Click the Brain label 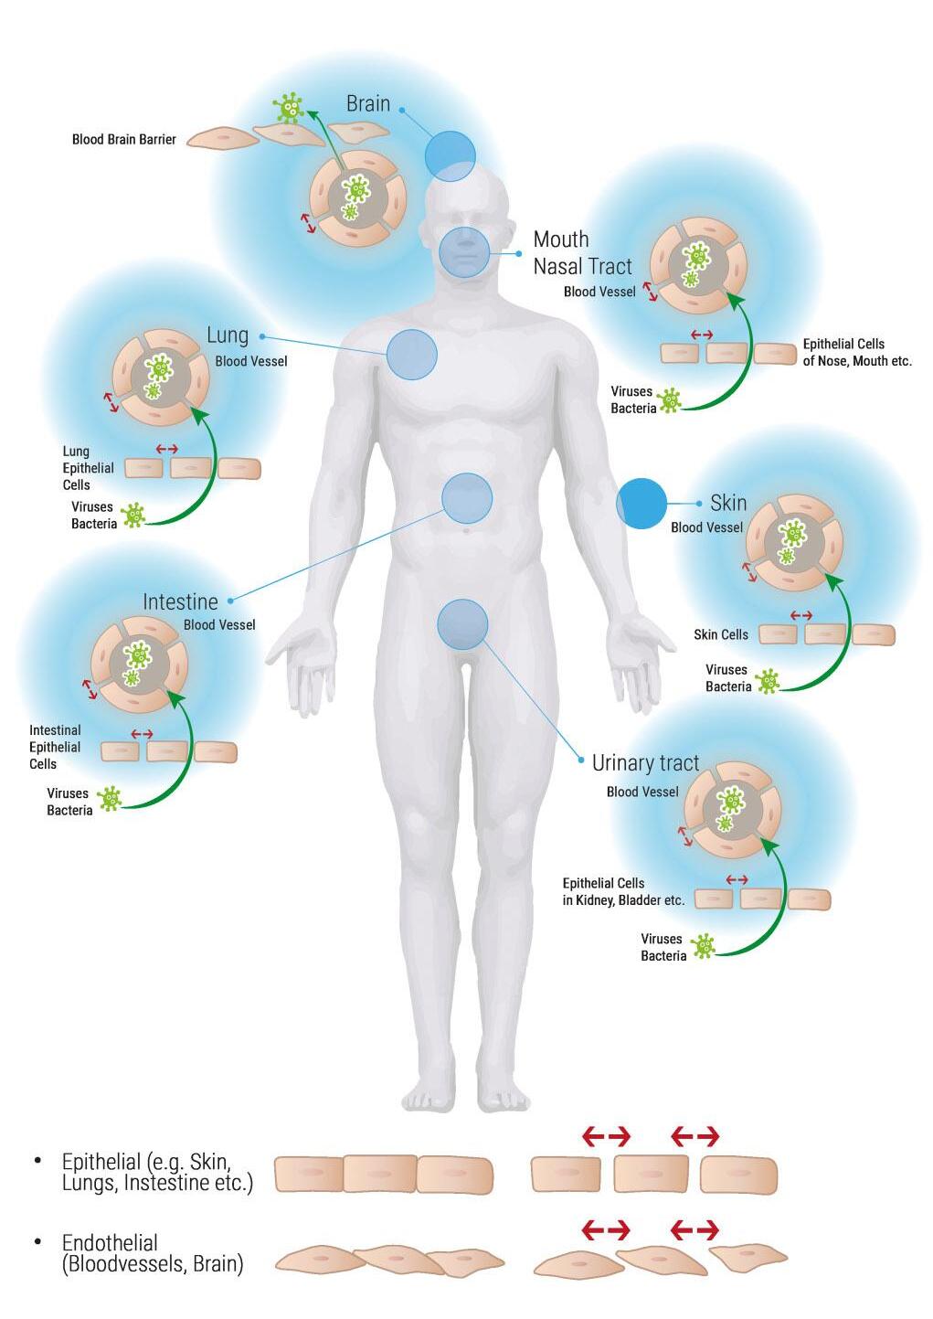pos(367,104)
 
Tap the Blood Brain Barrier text pos(123,140)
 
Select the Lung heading pos(227,335)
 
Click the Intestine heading pos(180,602)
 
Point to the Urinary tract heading pos(645,763)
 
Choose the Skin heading pos(728,503)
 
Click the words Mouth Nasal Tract pos(582,253)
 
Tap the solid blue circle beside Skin pos(641,504)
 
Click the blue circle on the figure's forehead pos(451,155)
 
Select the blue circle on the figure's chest pos(412,355)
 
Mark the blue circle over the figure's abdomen pos(467,498)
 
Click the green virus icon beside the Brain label pos(290,108)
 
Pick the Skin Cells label pos(720,634)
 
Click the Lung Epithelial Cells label pos(88,468)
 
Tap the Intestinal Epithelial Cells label pos(55,747)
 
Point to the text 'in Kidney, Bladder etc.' pos(623,900)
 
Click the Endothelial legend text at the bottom pos(153,1253)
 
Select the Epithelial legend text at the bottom pos(156,1173)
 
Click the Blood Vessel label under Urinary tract pos(642,792)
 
